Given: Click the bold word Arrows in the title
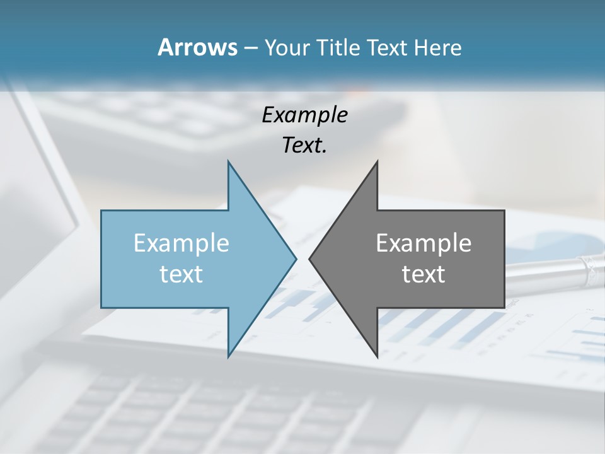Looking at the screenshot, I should pyautogui.click(x=197, y=48).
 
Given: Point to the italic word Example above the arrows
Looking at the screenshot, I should pyautogui.click(x=304, y=115).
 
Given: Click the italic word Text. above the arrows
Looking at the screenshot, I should pyautogui.click(x=304, y=146).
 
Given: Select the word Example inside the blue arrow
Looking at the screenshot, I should pyautogui.click(x=181, y=243).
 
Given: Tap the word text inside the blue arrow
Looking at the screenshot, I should pyautogui.click(x=181, y=274).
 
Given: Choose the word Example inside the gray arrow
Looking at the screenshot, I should pyautogui.click(x=423, y=243).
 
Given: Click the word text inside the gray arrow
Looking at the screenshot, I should pyautogui.click(x=423, y=274).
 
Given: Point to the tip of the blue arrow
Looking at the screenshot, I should pyautogui.click(x=296, y=259).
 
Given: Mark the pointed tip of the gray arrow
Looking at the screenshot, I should pyautogui.click(x=309, y=259).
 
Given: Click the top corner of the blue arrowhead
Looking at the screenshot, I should pyautogui.click(x=229, y=161).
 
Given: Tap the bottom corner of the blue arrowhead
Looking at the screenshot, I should pyautogui.click(x=229, y=356).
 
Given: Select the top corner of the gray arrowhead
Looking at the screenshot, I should pyautogui.click(x=377, y=161).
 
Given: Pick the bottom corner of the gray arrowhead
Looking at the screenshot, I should pyautogui.click(x=377, y=356).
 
